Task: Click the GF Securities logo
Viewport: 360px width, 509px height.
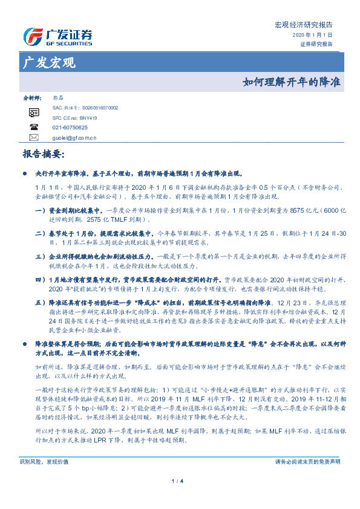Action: coord(57,37)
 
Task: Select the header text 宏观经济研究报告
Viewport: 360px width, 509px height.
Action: coord(304,25)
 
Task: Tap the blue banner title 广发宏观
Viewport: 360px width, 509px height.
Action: coord(48,62)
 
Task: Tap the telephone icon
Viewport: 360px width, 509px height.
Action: coord(33,128)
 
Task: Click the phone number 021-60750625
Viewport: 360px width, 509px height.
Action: coord(70,128)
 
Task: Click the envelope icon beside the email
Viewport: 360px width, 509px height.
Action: coord(33,138)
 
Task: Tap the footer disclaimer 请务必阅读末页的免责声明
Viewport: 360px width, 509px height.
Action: coord(307,461)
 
